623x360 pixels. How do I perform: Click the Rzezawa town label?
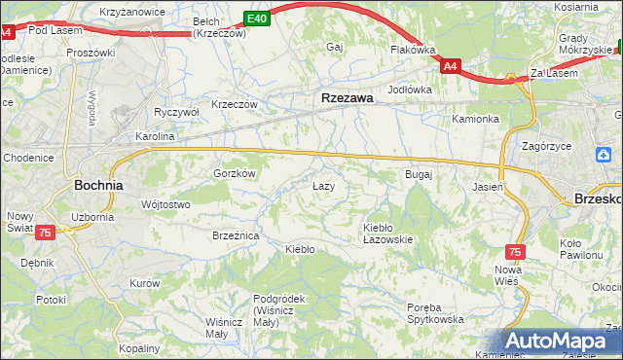tap(348, 97)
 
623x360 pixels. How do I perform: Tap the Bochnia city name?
tap(98, 183)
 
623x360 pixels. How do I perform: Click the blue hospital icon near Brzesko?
tap(604, 154)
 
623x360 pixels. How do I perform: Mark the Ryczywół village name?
tap(176, 112)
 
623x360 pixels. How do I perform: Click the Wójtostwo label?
tap(165, 204)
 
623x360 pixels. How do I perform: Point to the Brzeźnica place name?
tap(235, 234)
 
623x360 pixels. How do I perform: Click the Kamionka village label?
tap(475, 119)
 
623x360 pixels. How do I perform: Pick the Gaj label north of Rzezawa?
tap(336, 47)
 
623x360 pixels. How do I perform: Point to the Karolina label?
tap(155, 136)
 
